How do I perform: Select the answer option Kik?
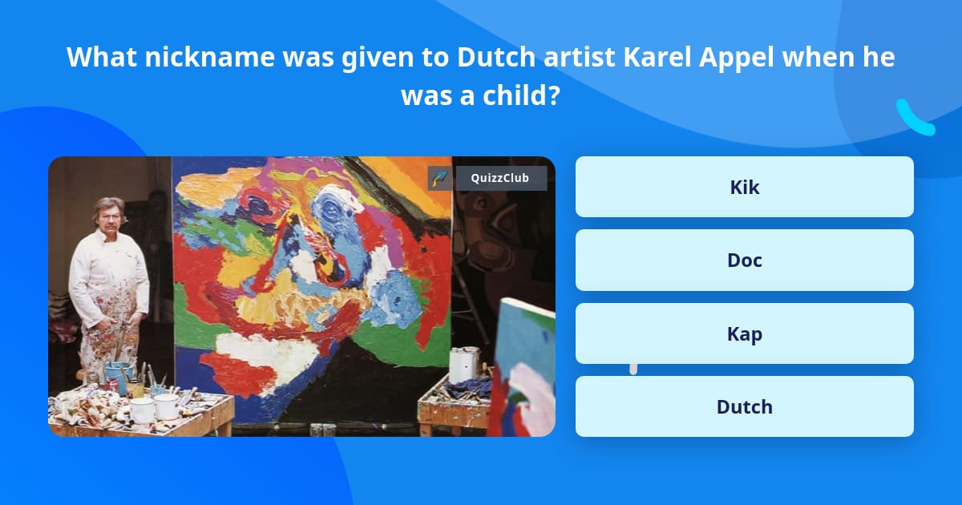click(x=744, y=187)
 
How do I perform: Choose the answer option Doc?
click(x=744, y=261)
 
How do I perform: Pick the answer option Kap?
click(x=744, y=333)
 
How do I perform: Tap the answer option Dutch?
click(x=744, y=406)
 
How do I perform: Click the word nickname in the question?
click(x=209, y=57)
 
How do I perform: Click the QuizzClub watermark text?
click(x=500, y=178)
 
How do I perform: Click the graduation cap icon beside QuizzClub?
click(x=440, y=178)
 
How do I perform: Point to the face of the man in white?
click(x=111, y=216)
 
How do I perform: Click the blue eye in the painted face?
click(x=330, y=209)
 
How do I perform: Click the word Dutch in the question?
click(x=496, y=57)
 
